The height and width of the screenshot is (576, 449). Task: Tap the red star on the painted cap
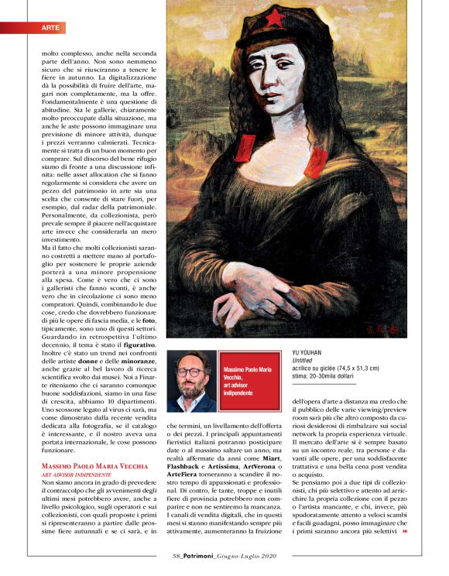pos(276,18)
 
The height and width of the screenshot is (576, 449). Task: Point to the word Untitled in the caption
pos(305,361)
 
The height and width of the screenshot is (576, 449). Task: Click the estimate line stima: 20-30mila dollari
pos(324,378)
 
